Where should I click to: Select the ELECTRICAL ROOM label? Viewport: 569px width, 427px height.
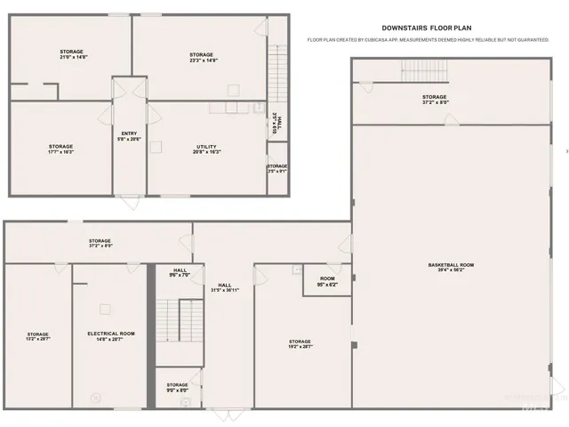(x=111, y=335)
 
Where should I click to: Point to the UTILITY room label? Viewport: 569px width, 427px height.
(x=206, y=149)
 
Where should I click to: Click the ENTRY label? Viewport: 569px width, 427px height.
(x=129, y=136)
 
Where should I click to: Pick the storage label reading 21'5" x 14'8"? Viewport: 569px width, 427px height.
(x=71, y=54)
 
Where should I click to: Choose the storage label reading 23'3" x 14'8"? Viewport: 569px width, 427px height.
(x=201, y=58)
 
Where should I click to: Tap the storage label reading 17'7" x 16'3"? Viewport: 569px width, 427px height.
(x=60, y=149)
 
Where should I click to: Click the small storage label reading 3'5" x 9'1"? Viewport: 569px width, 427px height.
(x=277, y=168)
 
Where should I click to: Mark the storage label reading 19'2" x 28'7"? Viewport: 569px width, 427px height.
(x=300, y=344)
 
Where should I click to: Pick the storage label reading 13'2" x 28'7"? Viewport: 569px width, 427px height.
(x=37, y=337)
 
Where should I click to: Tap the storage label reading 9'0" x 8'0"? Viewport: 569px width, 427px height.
(x=177, y=387)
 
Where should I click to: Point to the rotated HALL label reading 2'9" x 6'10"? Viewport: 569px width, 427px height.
(x=278, y=125)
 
